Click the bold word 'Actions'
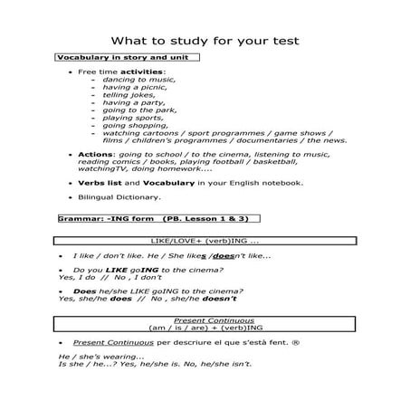pyautogui.click(x=96, y=155)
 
